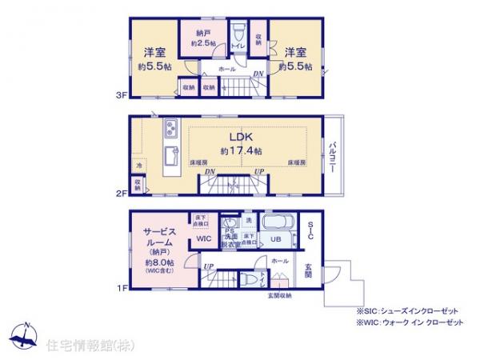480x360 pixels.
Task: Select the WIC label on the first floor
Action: point(204,238)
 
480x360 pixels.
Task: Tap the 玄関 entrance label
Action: point(308,272)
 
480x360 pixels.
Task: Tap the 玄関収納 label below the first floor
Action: point(279,297)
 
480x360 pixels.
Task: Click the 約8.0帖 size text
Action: point(160,262)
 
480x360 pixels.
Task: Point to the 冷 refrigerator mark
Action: point(139,166)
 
